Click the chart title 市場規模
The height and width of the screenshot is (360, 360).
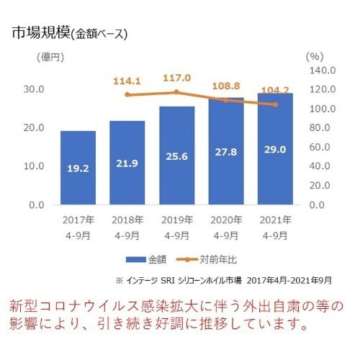(40, 32)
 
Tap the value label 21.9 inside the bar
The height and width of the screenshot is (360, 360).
(127, 165)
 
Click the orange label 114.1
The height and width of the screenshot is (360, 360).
(127, 81)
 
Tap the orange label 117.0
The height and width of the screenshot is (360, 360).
(176, 78)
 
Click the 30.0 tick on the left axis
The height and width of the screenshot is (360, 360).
(34, 89)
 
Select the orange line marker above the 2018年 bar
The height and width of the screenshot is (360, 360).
(127, 94)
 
